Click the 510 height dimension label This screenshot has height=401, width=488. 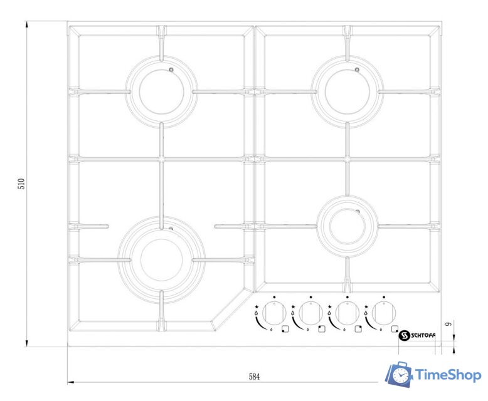[21, 184]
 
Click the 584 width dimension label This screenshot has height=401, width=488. [254, 377]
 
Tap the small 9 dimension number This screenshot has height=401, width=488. [448, 324]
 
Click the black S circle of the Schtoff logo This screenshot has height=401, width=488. [405, 335]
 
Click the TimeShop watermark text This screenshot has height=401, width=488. [448, 375]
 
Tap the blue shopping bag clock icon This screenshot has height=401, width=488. [400, 374]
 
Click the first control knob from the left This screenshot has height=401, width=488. [274, 313]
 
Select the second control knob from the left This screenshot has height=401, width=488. [310, 313]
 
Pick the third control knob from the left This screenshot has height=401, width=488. [347, 313]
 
